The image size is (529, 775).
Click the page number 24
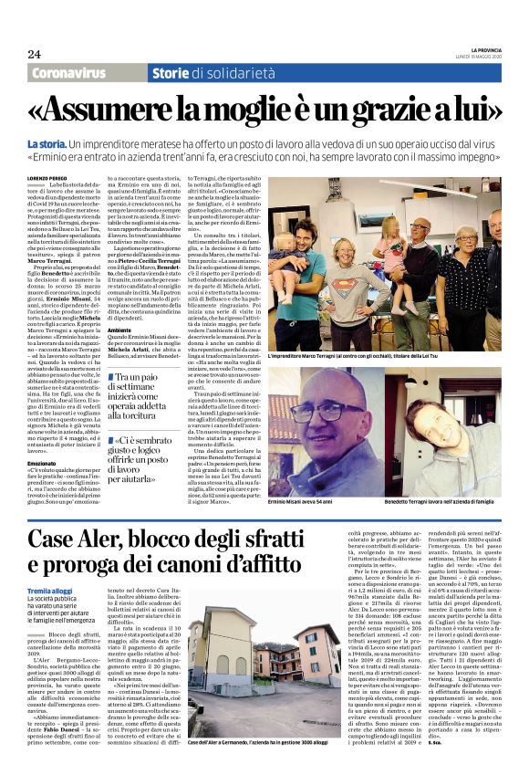coord(34,54)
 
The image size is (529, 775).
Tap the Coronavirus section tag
coord(82,72)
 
